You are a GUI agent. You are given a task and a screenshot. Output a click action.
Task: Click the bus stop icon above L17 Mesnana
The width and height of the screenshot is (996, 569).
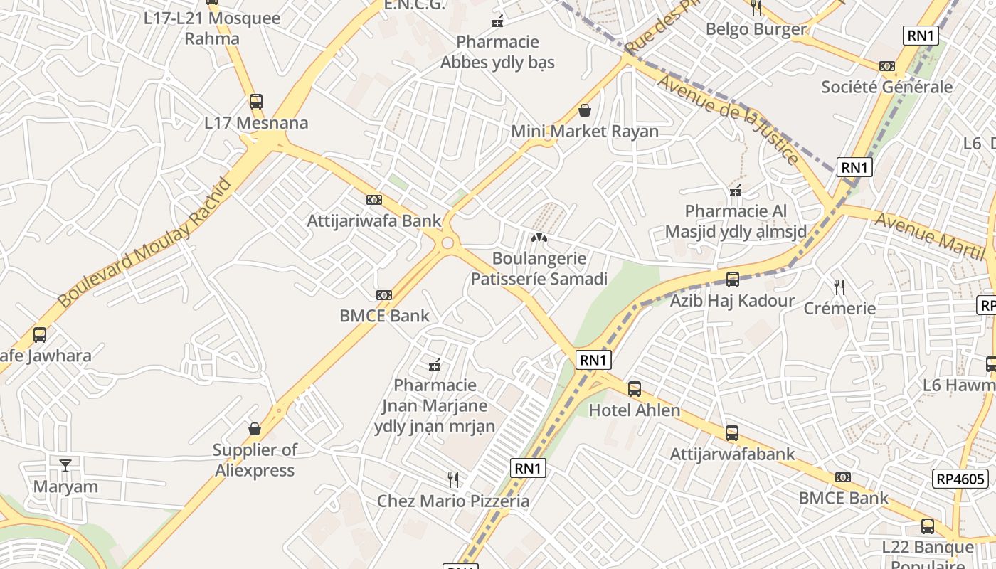256,102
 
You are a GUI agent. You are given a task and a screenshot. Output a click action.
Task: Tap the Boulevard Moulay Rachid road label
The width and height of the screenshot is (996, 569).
145,243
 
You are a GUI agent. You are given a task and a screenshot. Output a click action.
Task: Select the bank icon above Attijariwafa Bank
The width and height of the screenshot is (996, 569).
374,200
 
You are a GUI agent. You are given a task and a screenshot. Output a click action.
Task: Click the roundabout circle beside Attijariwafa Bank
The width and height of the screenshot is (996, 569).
447,243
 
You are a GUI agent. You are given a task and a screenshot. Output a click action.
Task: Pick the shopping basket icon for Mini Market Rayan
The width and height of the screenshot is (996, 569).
585,110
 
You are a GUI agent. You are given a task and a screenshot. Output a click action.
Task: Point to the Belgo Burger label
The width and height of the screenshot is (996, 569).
756,29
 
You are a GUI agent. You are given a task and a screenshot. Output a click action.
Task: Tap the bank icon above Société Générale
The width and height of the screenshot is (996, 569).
886,66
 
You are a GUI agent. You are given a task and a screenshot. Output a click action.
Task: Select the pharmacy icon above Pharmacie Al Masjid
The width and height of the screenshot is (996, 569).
736,191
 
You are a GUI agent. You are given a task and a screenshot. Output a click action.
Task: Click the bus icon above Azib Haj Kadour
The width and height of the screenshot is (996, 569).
732,280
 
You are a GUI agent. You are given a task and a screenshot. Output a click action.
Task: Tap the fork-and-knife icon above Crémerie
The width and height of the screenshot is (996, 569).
839,287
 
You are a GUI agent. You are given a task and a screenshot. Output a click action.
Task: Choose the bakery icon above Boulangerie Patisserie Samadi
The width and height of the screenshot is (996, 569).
539,237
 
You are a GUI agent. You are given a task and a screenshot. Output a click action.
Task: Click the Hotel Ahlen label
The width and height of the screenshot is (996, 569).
635,410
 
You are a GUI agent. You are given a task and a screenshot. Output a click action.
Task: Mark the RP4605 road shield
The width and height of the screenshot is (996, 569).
960,479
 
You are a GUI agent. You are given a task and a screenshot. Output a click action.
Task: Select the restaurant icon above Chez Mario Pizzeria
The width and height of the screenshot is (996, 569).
452,480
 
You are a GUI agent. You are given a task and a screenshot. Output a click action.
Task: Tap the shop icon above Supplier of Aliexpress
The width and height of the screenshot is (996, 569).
255,429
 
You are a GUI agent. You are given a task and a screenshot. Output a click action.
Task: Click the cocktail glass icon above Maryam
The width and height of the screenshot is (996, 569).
65,466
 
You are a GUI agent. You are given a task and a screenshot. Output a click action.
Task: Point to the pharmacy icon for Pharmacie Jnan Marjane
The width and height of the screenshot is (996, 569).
435,365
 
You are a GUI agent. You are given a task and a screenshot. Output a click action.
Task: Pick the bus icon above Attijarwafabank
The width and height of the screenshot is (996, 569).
732,433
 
